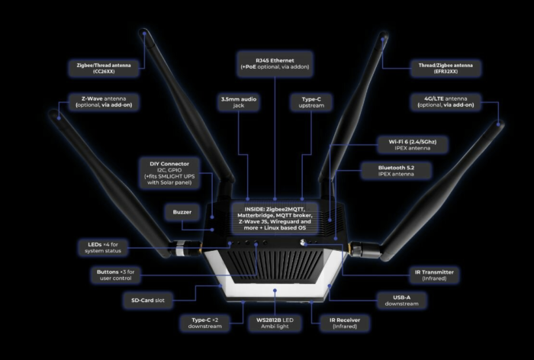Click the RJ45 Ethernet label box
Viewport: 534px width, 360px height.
(x=275, y=64)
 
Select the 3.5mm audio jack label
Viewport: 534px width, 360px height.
(x=238, y=102)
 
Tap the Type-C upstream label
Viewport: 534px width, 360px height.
(x=311, y=102)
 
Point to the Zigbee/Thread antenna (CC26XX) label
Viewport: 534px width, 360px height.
(x=104, y=68)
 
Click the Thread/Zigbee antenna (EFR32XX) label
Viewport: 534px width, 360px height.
(x=446, y=68)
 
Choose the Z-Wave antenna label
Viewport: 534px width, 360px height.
(x=104, y=101)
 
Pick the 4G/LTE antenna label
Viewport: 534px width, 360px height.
(x=446, y=101)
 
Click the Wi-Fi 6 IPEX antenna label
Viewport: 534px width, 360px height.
(x=413, y=145)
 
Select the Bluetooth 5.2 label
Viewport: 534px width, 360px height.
(x=396, y=171)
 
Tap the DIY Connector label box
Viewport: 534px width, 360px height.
(x=169, y=173)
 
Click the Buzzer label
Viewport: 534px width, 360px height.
(x=182, y=212)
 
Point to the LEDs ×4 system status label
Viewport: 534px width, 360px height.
(x=103, y=248)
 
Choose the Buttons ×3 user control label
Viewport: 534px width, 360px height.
(x=115, y=275)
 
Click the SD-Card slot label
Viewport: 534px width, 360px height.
(x=148, y=301)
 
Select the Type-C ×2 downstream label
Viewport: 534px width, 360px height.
(x=204, y=323)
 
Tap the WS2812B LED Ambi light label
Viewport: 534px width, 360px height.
(x=275, y=323)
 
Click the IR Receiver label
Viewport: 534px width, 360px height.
(x=345, y=323)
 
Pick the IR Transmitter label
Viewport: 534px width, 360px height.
(x=434, y=275)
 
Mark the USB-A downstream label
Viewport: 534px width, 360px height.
(x=401, y=301)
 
